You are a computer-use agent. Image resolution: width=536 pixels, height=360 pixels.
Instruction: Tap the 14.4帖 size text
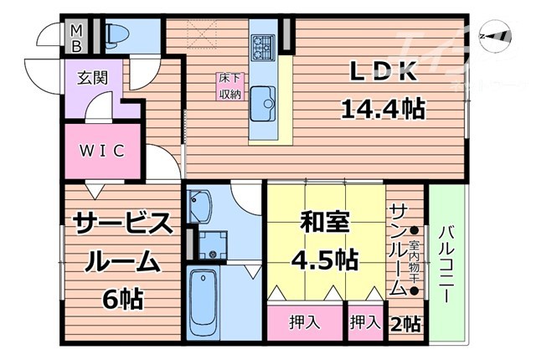382,107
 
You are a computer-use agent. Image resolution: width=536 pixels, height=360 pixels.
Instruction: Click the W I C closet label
103,151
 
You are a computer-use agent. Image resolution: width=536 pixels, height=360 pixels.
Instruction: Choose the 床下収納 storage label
231,86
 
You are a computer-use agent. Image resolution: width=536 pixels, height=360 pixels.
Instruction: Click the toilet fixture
116,34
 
